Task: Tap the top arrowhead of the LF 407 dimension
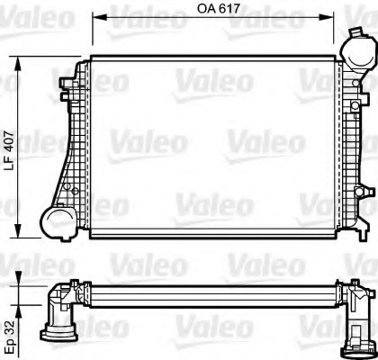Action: (20, 60)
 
